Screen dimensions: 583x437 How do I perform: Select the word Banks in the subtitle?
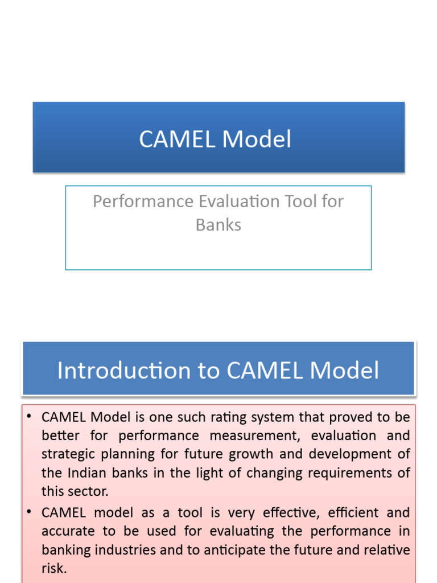click(x=218, y=225)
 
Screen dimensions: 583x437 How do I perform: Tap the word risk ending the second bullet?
click(x=53, y=568)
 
